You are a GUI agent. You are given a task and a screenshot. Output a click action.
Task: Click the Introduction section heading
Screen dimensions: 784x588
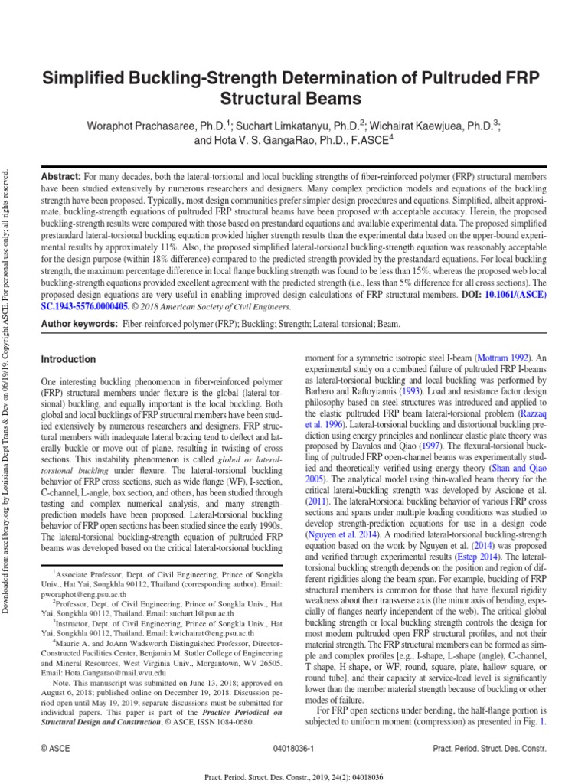click(x=68, y=359)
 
